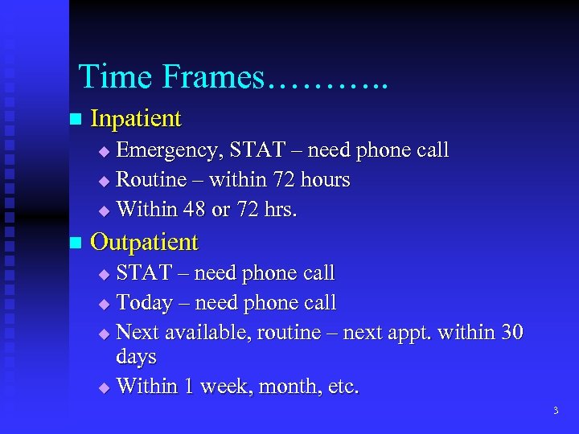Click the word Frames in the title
(213, 76)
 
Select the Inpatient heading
(136, 119)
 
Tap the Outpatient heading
(144, 242)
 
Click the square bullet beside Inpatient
(76, 119)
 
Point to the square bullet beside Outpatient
(76, 242)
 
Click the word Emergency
(169, 150)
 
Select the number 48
(195, 209)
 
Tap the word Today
(145, 303)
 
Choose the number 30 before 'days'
(511, 332)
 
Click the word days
(137, 356)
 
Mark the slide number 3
(555, 411)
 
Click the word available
(208, 332)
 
